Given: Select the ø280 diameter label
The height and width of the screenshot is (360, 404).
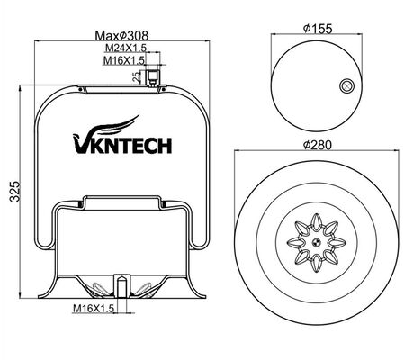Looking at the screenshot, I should pyautogui.click(x=317, y=145).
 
